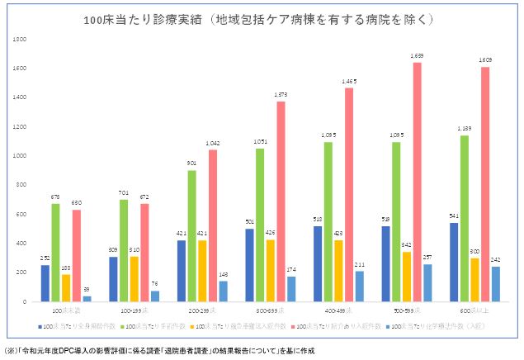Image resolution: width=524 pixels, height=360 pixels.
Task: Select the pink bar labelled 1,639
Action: pos(417,182)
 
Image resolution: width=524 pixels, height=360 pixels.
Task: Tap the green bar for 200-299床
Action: pos(191,235)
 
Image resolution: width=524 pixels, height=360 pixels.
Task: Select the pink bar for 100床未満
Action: pos(77,255)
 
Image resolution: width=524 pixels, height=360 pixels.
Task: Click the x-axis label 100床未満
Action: pos(66,311)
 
